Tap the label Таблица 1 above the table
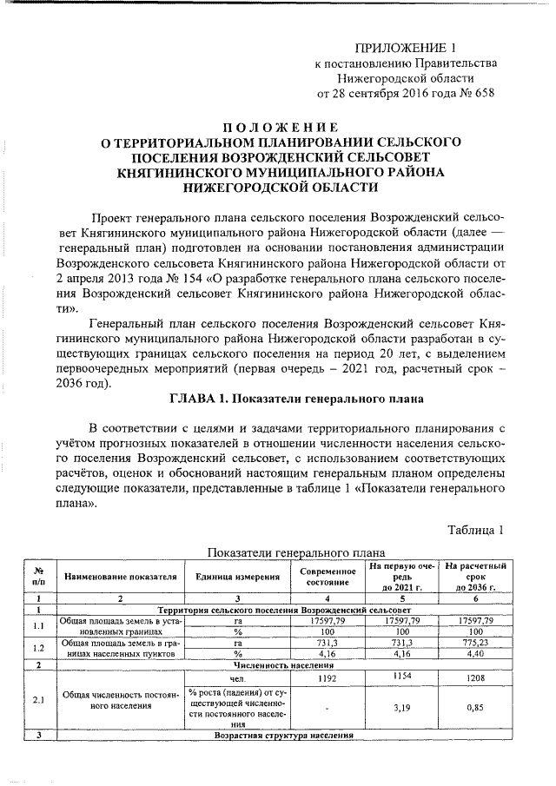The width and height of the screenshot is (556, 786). click(476, 530)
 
